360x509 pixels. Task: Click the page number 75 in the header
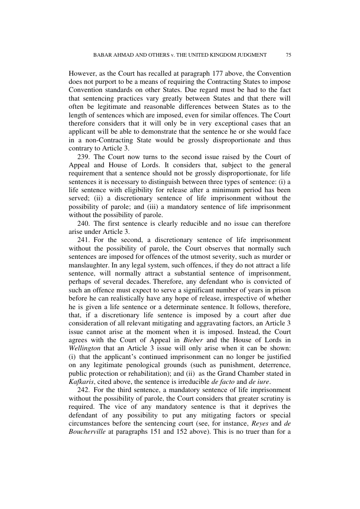point(288,55)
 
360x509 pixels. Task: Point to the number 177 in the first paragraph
point(219,73)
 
